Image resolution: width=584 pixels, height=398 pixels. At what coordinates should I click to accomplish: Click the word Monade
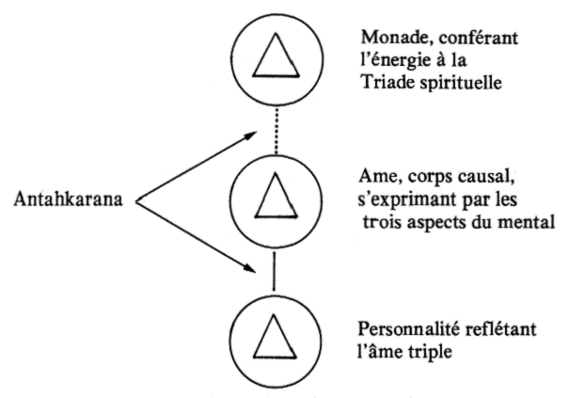[388, 39]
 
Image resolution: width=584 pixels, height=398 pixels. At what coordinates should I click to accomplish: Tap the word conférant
[462, 39]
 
